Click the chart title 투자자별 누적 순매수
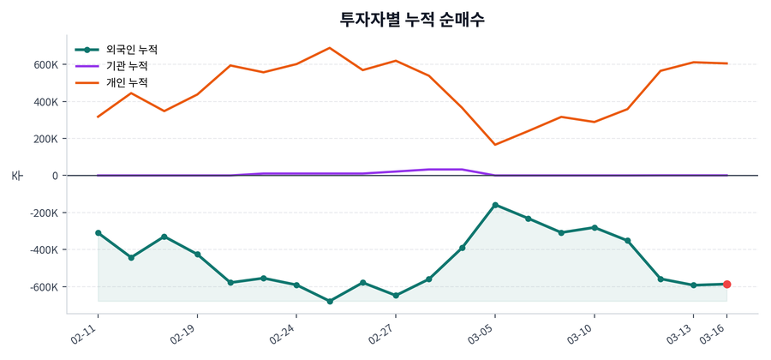coord(412,19)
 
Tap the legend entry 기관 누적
coord(127,66)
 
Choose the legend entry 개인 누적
coord(127,83)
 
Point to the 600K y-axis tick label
coord(45,64)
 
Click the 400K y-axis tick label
coord(45,102)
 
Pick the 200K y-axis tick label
coord(45,139)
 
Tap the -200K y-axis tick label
coord(43,213)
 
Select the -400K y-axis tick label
coord(43,250)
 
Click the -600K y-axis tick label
coord(43,287)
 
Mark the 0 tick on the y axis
coord(55,176)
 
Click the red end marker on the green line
coord(726,284)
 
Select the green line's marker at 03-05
coord(495,205)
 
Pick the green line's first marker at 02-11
coord(98,232)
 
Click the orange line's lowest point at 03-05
coord(495,145)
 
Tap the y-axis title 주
coord(16,176)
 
